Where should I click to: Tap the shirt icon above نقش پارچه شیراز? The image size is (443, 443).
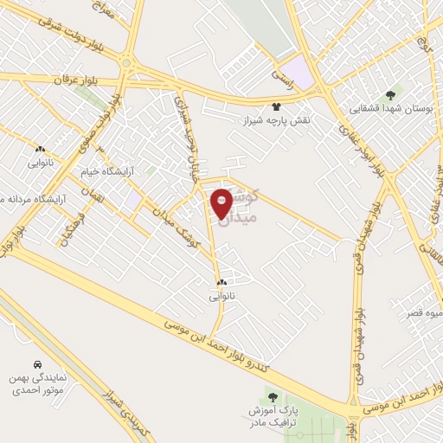(x=276, y=106)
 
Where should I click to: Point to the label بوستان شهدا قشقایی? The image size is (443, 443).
(x=388, y=109)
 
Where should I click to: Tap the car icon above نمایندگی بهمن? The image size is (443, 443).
(x=37, y=365)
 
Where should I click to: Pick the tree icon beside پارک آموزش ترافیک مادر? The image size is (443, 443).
(x=354, y=397)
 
